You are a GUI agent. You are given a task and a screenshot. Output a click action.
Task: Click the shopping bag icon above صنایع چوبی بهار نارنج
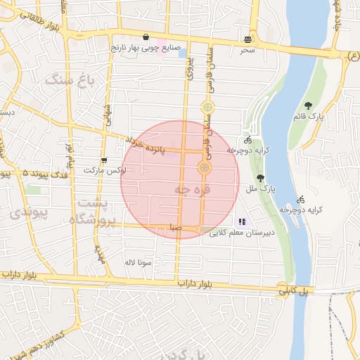click(x=146, y=37)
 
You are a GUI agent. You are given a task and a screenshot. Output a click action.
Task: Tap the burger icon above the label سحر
click(x=247, y=39)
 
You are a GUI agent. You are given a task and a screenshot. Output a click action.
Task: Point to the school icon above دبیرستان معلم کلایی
click(x=242, y=221)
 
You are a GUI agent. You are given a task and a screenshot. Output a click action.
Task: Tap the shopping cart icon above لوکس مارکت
click(x=104, y=160)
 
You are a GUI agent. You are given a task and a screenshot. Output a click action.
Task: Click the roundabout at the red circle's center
click(x=205, y=167)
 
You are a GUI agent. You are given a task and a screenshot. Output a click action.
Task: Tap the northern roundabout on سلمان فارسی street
click(x=207, y=108)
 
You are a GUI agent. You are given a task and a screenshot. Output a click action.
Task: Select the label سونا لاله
click(x=138, y=262)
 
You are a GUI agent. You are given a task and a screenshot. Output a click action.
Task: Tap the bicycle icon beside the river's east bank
click(x=301, y=200)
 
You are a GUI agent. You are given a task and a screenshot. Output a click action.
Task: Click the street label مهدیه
click(x=100, y=255)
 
